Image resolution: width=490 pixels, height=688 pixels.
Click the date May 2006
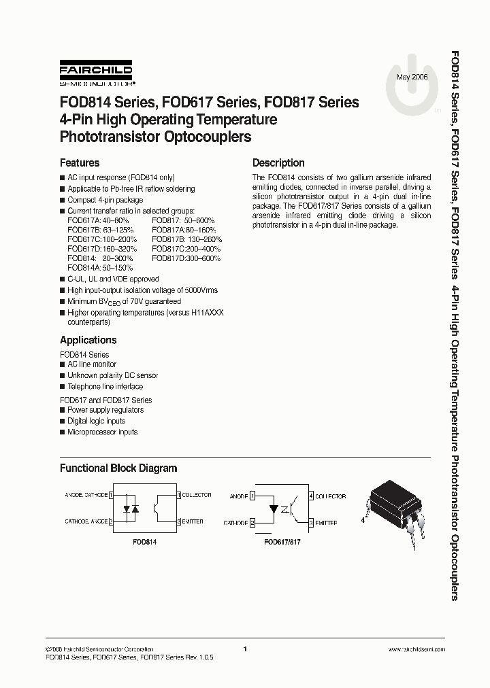coord(412,78)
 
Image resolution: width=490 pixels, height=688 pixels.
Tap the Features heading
coord(80,163)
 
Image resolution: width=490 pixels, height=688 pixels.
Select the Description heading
coord(278,163)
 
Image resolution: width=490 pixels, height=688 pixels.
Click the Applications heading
coord(88,340)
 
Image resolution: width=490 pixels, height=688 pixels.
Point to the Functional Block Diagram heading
coord(118,468)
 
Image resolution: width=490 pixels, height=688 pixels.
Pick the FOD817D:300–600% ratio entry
coord(186,258)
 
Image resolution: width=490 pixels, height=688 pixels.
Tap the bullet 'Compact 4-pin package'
coord(105,200)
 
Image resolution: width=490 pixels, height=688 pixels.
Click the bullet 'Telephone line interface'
coord(105,386)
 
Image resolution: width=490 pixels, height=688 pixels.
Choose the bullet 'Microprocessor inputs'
coord(102,432)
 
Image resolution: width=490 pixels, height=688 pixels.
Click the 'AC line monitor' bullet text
coord(92,364)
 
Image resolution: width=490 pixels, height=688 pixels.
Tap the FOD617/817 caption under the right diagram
coord(282,544)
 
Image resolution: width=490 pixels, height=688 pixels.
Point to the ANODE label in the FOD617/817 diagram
coord(239,497)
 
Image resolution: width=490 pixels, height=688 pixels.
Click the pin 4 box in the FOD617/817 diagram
coord(311,496)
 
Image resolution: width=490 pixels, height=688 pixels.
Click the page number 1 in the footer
coord(244,649)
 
